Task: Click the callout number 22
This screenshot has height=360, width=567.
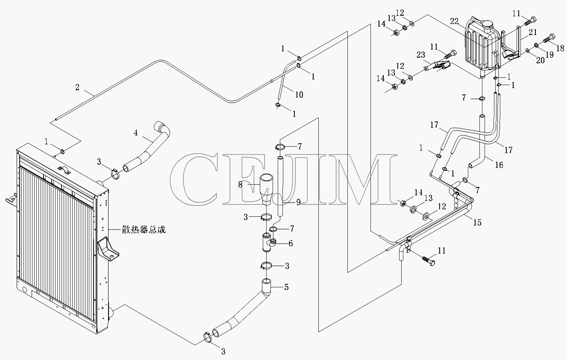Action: click(x=454, y=21)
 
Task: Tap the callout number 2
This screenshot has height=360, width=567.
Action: click(x=77, y=87)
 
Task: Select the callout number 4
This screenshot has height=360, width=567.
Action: click(x=136, y=133)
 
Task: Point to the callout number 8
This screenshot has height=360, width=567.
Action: click(x=240, y=185)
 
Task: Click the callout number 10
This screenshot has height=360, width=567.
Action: click(x=299, y=95)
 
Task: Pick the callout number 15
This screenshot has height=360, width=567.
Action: click(x=477, y=222)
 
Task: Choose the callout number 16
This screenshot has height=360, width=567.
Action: click(x=499, y=165)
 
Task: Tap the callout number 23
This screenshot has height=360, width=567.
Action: click(x=421, y=55)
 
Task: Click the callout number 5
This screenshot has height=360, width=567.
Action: click(x=286, y=287)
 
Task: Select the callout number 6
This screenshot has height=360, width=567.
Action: click(x=291, y=243)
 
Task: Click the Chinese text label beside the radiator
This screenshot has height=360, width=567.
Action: click(x=144, y=230)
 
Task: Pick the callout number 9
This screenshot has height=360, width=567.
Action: click(x=298, y=202)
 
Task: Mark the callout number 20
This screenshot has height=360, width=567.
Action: click(x=540, y=60)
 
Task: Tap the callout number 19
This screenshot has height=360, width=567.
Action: click(x=549, y=54)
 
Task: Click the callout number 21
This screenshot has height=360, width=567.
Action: click(x=532, y=32)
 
